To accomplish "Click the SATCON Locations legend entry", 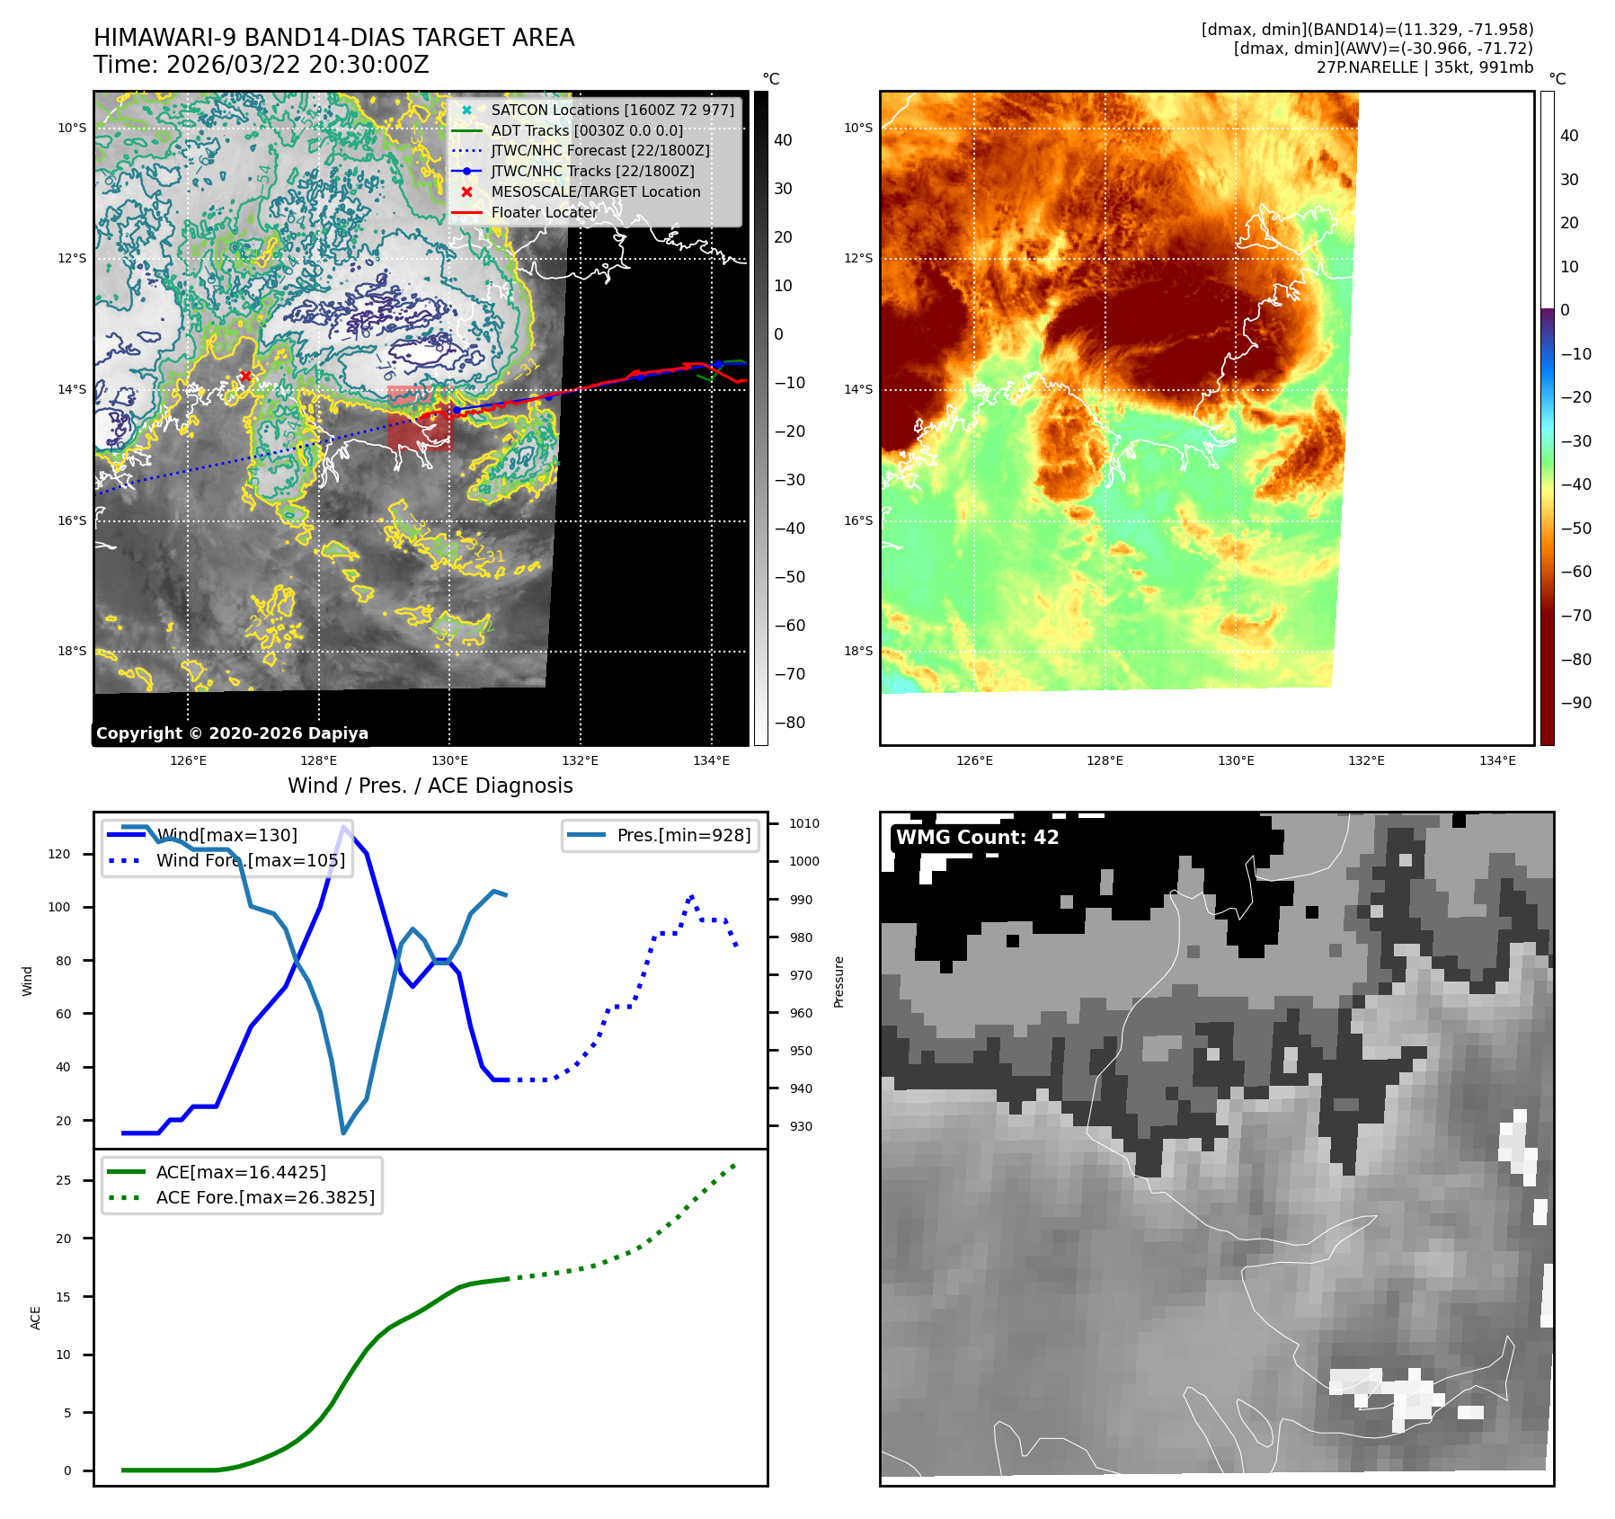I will [612, 110].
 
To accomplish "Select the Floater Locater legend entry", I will [544, 212].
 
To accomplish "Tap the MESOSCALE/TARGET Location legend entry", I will [595, 191].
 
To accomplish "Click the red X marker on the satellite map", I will [245, 376].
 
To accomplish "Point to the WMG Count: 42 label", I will [977, 838].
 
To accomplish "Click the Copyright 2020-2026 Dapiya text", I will [232, 733].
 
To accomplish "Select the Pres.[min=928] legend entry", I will [683, 835].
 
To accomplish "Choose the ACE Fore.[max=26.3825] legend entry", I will [265, 1197].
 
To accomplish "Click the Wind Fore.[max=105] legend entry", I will [250, 860].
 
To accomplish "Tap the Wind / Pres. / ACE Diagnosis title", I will [430, 786].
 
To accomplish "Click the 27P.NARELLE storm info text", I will [1424, 67].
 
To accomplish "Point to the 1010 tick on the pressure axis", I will [804, 823].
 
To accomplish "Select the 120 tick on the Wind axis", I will [59, 854].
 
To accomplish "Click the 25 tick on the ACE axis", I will [63, 1180].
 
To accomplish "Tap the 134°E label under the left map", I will [711, 760].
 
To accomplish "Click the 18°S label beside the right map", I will [857, 651].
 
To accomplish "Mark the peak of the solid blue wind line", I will [343, 827].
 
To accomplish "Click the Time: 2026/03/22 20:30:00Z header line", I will [261, 65].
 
